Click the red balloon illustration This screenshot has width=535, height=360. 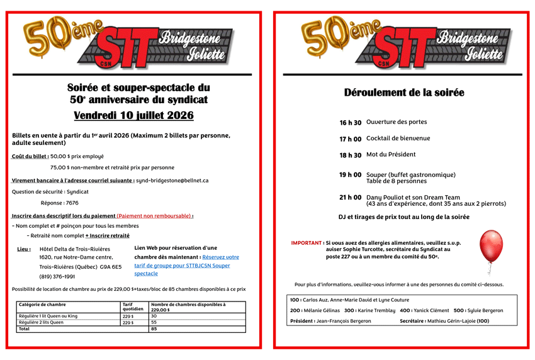(x=491, y=245)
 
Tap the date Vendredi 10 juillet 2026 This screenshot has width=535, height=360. (x=133, y=116)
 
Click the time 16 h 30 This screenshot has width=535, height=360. (x=351, y=123)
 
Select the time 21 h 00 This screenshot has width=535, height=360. (x=351, y=198)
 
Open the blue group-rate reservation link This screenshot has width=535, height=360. (x=187, y=265)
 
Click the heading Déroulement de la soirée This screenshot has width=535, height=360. (x=404, y=93)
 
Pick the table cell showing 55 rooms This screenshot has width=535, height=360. (x=154, y=322)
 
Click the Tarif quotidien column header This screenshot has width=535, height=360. (x=133, y=307)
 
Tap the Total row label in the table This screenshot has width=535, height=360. (x=25, y=329)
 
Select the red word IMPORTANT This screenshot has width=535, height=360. (x=307, y=242)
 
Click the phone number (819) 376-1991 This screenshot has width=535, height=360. (x=57, y=276)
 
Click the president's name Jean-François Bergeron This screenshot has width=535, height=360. (x=344, y=321)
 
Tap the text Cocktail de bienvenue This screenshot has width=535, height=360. (x=398, y=138)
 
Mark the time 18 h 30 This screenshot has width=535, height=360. (x=351, y=155)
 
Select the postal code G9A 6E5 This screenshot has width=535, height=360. (x=111, y=267)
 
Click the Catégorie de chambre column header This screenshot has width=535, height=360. (x=42, y=305)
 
